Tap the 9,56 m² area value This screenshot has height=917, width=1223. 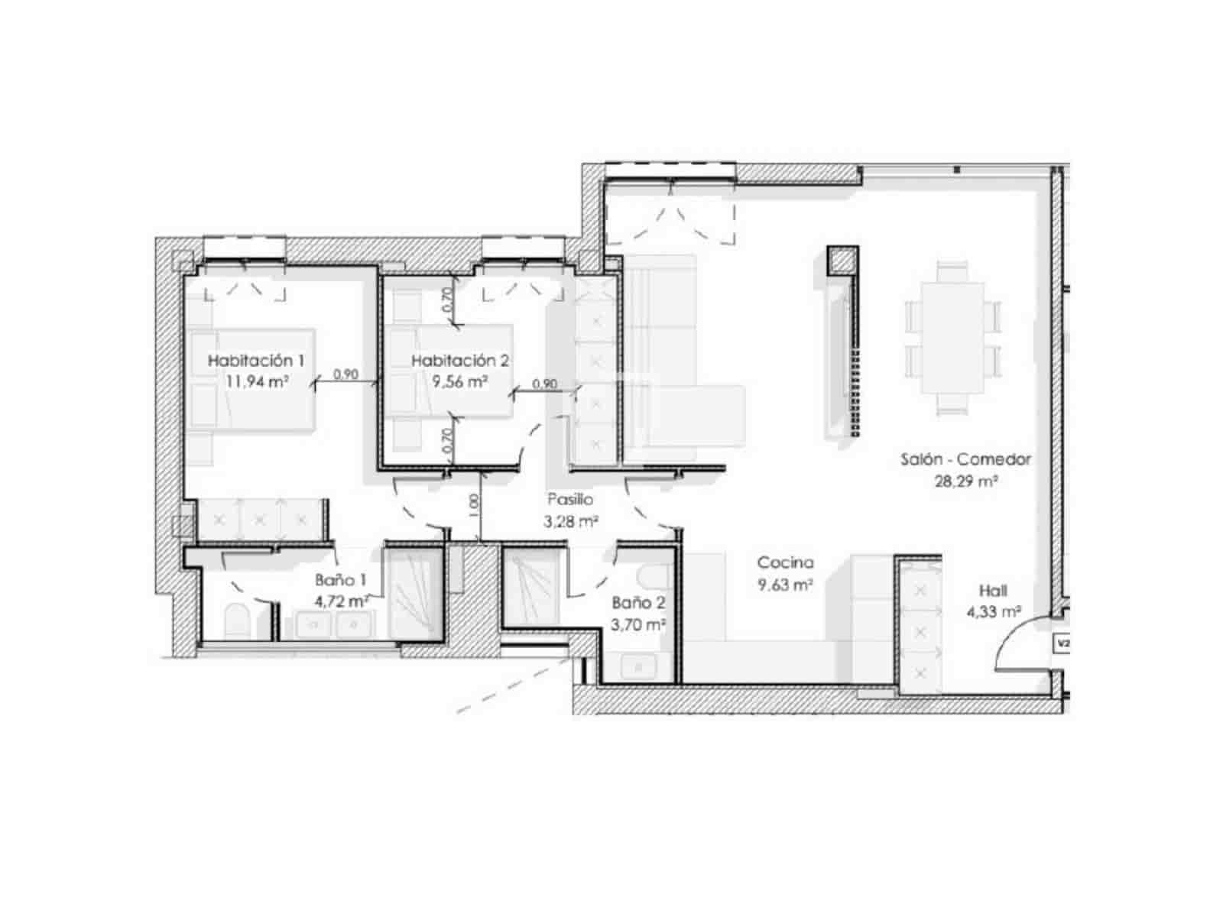tap(459, 381)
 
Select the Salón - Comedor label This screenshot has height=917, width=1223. tap(965, 459)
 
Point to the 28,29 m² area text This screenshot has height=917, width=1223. tap(967, 481)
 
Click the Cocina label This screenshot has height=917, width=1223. tap(785, 563)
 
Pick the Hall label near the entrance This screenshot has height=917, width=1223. tap(993, 591)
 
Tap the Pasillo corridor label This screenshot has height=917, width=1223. tap(570, 500)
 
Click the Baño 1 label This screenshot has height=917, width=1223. tap(340, 581)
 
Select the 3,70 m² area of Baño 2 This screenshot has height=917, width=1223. tap(638, 624)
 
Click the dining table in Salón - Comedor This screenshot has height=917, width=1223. tap(952, 337)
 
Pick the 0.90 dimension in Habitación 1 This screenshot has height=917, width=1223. tap(346, 374)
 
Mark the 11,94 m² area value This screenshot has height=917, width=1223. tap(257, 381)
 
